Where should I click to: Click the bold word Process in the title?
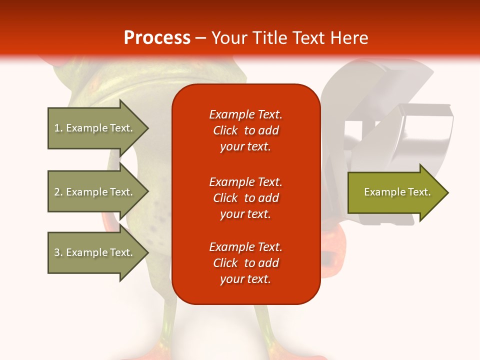157,37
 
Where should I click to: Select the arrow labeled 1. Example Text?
95,128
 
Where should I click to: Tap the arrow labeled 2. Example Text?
95,192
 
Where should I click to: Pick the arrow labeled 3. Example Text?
95,252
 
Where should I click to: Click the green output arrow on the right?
395,192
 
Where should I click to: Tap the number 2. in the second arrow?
58,192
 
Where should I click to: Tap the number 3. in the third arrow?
58,252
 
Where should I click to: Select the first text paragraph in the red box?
245,130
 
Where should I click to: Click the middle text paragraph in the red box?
245,197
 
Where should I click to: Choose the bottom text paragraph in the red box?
245,263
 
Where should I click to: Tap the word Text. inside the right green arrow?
419,192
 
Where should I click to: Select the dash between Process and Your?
200,38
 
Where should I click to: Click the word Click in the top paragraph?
225,130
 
